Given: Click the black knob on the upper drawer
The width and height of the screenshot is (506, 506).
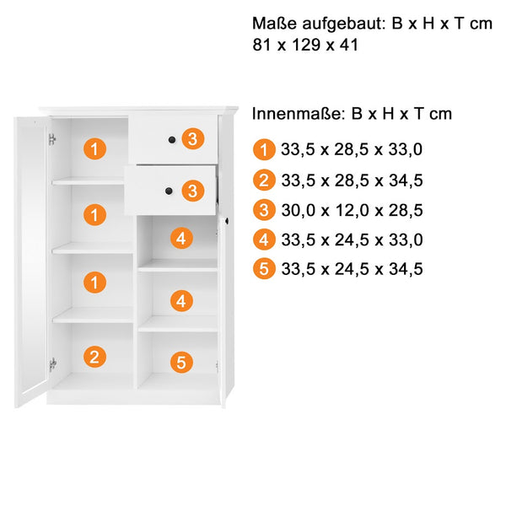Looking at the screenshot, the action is pos(172,140).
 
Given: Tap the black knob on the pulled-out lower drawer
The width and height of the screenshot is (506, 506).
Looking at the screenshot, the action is pos(169,191).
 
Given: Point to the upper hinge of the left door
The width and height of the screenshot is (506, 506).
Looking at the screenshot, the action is pos(52,139).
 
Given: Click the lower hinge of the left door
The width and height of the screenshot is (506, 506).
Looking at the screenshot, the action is pos(52,364).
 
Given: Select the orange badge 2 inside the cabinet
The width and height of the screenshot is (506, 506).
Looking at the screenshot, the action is pos(94,357).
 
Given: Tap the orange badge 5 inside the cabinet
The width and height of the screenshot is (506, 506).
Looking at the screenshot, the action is pos(181,362).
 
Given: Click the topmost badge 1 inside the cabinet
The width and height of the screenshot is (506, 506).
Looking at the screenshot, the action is pos(94,148).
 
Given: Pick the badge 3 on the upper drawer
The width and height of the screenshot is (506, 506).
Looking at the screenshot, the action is pos(192,139).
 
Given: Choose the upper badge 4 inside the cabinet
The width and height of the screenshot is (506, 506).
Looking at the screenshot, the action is pos(181,238).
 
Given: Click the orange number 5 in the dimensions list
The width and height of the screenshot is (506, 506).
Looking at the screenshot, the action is pos(264,269).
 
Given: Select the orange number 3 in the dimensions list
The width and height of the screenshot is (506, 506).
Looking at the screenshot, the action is pos(264,210).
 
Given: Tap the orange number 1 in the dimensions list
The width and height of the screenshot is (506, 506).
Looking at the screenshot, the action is pos(264,149).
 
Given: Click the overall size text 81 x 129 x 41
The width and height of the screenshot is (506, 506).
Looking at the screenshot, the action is pos(305,45).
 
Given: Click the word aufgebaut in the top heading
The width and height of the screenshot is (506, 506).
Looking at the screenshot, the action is pos(344,24).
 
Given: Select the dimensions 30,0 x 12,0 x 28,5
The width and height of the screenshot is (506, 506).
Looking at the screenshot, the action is pos(352,210).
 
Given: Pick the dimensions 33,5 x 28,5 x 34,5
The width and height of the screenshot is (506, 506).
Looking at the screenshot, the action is pos(352,180).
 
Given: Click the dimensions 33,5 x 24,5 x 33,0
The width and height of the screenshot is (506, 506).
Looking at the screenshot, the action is pos(352,240).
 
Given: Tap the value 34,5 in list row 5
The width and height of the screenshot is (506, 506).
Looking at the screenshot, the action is pos(406,269).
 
